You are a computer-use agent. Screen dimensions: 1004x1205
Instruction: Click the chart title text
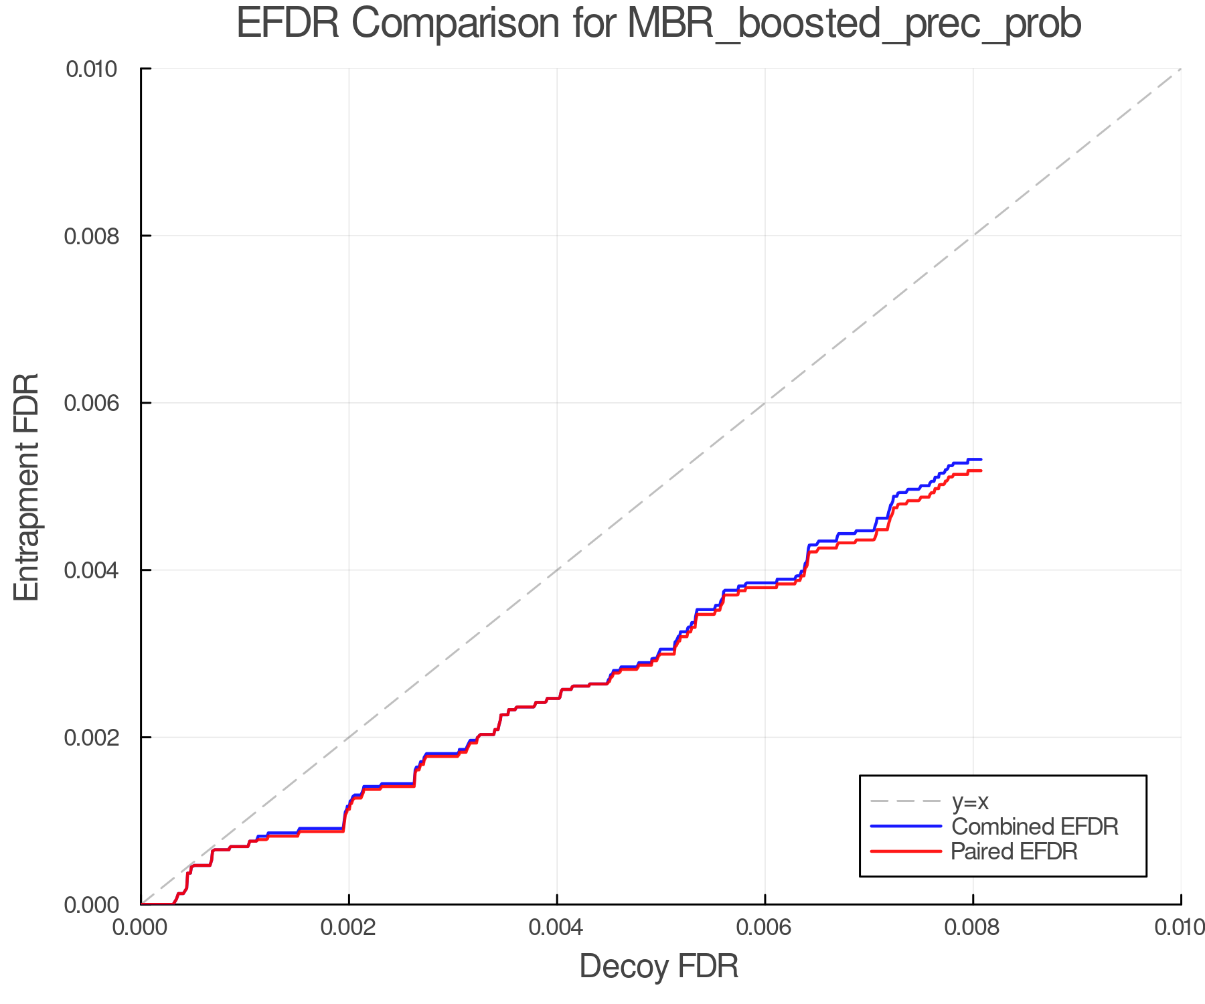tap(659, 24)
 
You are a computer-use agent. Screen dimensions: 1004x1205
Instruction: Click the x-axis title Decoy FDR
tap(659, 966)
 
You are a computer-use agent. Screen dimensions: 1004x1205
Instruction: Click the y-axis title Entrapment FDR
tap(27, 487)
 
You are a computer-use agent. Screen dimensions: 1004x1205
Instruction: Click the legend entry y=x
tap(970, 801)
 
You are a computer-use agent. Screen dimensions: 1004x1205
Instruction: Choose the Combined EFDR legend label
tap(1034, 826)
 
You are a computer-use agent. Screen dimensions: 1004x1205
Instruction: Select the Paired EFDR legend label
tap(1014, 851)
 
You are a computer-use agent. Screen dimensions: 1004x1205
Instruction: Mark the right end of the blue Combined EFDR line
tap(981, 459)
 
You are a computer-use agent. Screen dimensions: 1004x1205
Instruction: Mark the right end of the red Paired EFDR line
tap(981, 471)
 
